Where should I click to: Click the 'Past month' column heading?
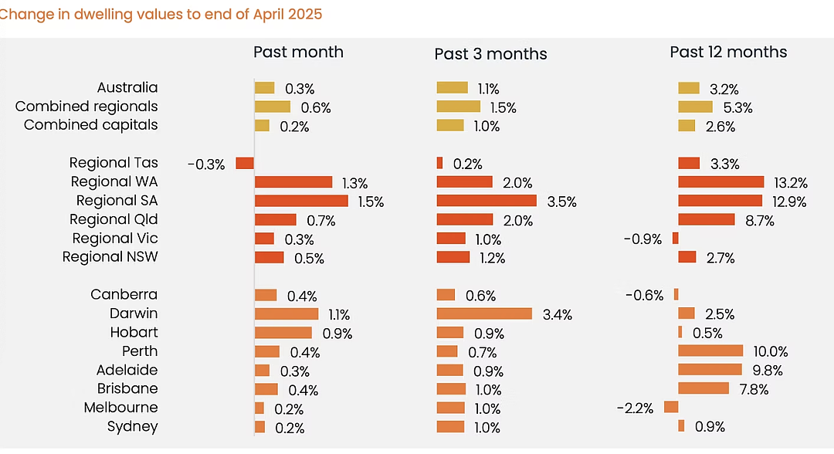[x=298, y=52]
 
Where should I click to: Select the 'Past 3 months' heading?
[x=490, y=54]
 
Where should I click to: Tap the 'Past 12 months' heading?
[x=728, y=52]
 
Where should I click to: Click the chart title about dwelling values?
[x=161, y=14]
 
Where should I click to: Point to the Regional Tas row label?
[x=114, y=163]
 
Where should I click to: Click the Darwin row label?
[x=134, y=313]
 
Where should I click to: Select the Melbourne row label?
[x=120, y=407]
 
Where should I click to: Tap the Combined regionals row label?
[x=86, y=107]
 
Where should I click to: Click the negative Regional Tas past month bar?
[x=245, y=163]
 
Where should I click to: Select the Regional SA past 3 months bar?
[x=486, y=201]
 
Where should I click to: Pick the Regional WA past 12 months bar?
[x=721, y=181]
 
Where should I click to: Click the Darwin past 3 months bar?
[x=484, y=313]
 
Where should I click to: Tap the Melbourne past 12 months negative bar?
[x=671, y=407]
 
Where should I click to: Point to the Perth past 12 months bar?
[x=710, y=351]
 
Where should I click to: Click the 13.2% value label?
[x=791, y=183]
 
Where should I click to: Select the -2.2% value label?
[x=635, y=408]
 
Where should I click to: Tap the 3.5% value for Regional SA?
[x=561, y=202]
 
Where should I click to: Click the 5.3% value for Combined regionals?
[x=737, y=108]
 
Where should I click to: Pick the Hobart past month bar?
[x=283, y=333]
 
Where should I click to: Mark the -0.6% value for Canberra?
[x=644, y=295]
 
